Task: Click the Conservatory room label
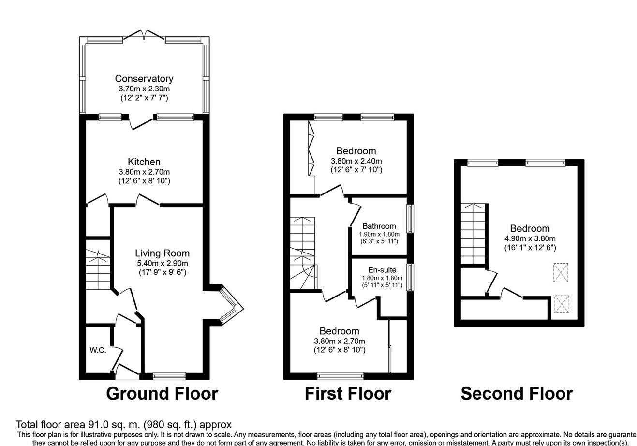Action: [x=144, y=79]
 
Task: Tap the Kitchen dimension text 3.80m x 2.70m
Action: [x=144, y=172]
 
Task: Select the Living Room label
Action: [x=162, y=253]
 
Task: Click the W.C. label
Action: [x=98, y=350]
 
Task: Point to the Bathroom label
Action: [x=379, y=226]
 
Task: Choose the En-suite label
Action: [x=382, y=269]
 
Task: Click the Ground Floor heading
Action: [x=162, y=394]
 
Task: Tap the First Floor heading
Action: [x=348, y=394]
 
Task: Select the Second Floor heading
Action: [x=517, y=394]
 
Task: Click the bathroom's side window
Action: [x=410, y=219]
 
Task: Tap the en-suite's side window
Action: [x=410, y=277]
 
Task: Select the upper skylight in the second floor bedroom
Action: [x=561, y=273]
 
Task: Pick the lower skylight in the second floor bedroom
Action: [x=562, y=304]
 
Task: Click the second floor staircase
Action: [x=473, y=234]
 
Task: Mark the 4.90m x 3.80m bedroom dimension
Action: [x=530, y=238]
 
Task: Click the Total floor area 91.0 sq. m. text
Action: [x=78, y=425]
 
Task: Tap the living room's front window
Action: [x=169, y=376]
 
